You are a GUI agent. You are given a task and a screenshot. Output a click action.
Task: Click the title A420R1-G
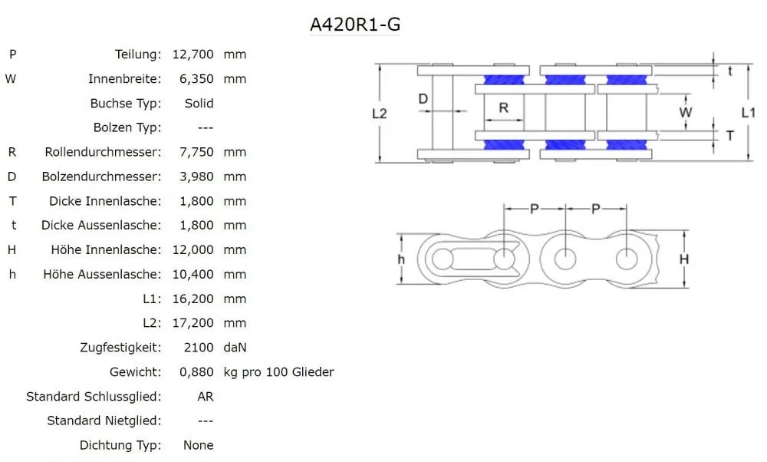click(354, 25)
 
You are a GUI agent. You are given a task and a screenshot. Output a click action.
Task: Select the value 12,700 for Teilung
click(193, 54)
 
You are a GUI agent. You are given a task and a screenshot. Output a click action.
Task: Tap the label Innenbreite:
click(124, 79)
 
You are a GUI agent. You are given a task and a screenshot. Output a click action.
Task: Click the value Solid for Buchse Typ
click(199, 104)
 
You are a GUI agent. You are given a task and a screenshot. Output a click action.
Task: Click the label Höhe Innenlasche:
click(106, 250)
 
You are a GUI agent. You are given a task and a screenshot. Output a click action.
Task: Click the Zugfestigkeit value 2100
click(199, 348)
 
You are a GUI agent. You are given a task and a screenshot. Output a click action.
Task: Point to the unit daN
click(235, 348)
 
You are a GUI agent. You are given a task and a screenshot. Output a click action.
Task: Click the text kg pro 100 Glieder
click(278, 372)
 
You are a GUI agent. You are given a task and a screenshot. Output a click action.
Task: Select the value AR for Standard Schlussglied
click(205, 397)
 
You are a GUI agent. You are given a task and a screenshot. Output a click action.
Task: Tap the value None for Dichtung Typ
click(198, 445)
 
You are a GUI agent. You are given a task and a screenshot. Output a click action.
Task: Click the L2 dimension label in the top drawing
click(380, 113)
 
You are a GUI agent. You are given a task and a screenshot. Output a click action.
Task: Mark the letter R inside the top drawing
click(504, 108)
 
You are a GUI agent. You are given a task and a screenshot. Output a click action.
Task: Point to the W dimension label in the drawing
click(686, 112)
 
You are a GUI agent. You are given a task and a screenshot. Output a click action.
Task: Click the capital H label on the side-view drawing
click(683, 259)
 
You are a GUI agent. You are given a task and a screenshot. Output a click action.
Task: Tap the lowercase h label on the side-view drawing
click(401, 259)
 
